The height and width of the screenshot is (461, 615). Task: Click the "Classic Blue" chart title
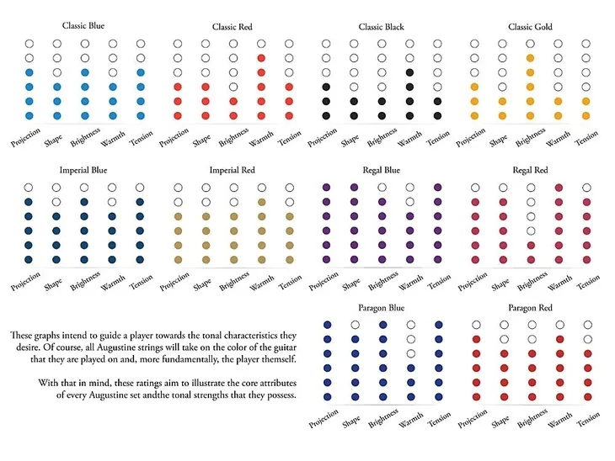coord(84,25)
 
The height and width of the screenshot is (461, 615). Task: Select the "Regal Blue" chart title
coord(381,171)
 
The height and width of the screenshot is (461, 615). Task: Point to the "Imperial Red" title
coord(232,171)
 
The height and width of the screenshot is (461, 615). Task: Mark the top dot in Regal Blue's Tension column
coord(437,188)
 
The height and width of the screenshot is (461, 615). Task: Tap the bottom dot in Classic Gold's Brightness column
coord(529,115)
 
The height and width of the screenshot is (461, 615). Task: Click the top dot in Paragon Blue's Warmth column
coord(411,325)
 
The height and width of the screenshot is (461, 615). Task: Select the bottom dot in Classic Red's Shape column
coord(206,115)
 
